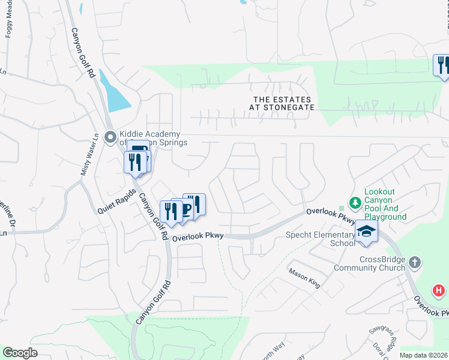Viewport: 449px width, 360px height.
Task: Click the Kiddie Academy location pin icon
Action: tap(110, 137)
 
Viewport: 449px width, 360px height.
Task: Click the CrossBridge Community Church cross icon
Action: tap(415, 262)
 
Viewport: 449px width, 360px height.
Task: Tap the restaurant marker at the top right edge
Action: tap(442, 65)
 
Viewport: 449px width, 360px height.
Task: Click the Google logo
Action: tap(20, 353)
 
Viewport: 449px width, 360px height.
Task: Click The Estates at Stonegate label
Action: tap(282, 103)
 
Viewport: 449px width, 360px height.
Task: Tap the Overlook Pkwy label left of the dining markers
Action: tap(197, 237)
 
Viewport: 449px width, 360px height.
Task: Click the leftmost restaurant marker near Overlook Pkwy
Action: tap(169, 212)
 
